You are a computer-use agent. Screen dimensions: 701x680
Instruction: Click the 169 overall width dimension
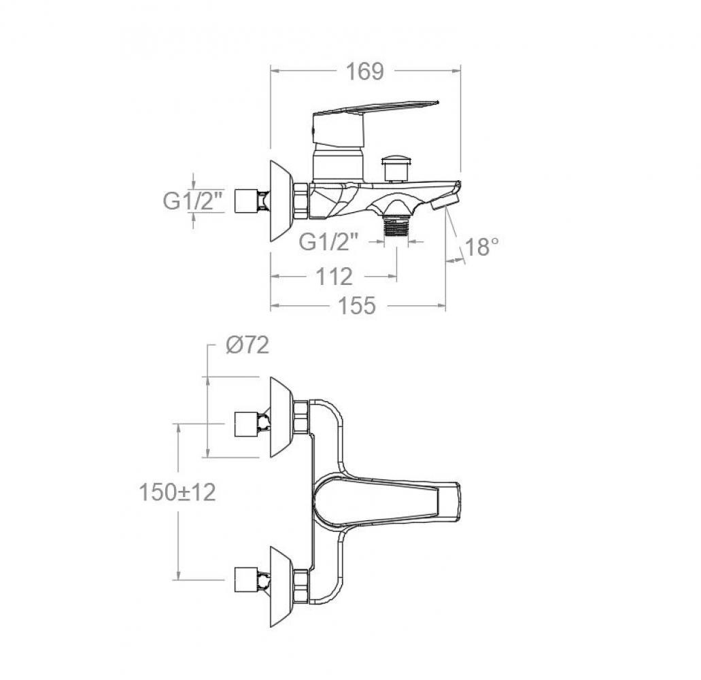(x=365, y=71)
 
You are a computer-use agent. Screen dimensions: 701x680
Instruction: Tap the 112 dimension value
(x=334, y=277)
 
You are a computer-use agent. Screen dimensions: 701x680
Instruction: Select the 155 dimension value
(x=356, y=306)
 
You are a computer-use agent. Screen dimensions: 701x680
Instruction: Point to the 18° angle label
(x=481, y=246)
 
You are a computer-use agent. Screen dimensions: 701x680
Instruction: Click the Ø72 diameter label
(x=247, y=345)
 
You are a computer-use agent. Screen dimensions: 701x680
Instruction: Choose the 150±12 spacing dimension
(x=177, y=492)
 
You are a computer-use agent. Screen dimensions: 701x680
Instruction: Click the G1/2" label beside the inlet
(x=192, y=201)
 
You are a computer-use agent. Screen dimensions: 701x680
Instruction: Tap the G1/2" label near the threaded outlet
(x=328, y=242)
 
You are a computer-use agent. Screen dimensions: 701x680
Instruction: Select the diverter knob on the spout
(x=396, y=168)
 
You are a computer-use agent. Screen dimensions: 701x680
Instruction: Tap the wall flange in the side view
(x=281, y=201)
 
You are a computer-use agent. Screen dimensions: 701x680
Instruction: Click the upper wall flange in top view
(x=281, y=417)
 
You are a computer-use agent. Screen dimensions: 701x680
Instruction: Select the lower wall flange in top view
(x=281, y=586)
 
